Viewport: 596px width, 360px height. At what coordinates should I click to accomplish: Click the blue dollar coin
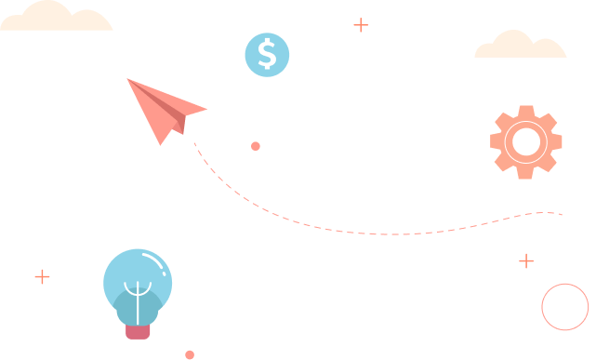(267, 54)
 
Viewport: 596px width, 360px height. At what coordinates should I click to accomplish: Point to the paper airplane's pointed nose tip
(127, 79)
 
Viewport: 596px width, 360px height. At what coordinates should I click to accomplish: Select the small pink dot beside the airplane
(256, 146)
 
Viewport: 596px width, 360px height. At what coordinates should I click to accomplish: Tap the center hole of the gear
(526, 141)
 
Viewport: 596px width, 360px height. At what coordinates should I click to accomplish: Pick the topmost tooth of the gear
(526, 112)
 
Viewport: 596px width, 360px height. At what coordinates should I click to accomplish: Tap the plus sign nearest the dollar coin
(361, 25)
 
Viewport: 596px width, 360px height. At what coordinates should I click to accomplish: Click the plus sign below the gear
(526, 260)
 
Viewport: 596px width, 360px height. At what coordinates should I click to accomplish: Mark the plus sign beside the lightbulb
(42, 276)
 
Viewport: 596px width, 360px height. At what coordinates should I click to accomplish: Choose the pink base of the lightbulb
(138, 330)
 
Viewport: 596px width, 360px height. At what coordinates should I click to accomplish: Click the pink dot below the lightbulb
(190, 354)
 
